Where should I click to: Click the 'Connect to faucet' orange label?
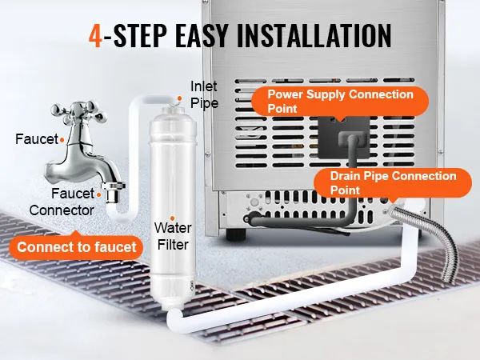tap(77, 246)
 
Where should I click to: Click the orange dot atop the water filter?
tap(179, 98)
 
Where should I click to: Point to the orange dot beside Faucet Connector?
tap(99, 194)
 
